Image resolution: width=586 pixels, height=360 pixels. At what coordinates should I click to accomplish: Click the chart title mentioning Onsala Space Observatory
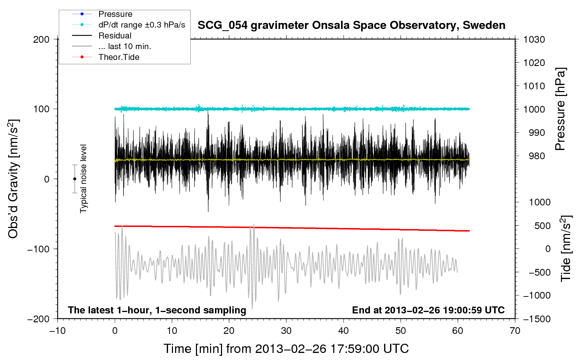click(x=351, y=25)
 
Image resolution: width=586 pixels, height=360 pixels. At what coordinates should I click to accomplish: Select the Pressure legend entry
click(x=115, y=14)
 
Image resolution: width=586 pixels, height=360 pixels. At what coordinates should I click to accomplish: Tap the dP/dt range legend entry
click(x=142, y=25)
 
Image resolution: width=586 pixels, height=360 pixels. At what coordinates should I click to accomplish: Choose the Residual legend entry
click(x=115, y=36)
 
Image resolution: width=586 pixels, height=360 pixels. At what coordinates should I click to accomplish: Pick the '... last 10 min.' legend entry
click(x=125, y=46)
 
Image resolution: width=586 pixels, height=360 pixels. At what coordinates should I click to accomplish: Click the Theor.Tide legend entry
click(x=119, y=57)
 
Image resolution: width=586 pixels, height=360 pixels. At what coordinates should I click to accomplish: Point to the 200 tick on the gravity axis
click(x=41, y=39)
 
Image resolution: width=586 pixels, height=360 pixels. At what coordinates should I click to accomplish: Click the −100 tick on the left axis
click(x=39, y=249)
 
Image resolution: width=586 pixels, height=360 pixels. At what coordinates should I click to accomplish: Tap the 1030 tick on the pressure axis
click(x=534, y=40)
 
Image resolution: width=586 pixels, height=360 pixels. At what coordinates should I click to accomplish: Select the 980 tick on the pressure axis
click(x=537, y=156)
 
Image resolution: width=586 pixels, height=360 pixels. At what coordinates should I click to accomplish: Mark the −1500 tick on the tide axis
click(x=537, y=319)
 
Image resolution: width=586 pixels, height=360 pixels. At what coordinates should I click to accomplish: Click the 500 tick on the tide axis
click(x=542, y=226)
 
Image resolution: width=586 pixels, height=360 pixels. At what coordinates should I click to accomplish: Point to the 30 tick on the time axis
click(x=286, y=331)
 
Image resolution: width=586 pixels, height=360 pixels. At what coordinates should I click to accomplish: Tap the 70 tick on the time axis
click(x=515, y=331)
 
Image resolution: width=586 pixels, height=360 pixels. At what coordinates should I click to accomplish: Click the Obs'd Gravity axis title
click(x=13, y=179)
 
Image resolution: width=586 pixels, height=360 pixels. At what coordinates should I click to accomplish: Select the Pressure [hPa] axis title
click(x=561, y=109)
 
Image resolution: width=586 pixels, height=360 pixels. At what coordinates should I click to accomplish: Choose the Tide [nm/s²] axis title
click(x=566, y=248)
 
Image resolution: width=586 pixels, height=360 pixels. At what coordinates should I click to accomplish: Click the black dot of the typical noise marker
click(x=74, y=179)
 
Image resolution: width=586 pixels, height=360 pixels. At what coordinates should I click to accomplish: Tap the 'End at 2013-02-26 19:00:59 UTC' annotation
click(x=428, y=310)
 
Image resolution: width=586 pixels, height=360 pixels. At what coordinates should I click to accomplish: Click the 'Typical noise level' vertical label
click(x=83, y=179)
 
